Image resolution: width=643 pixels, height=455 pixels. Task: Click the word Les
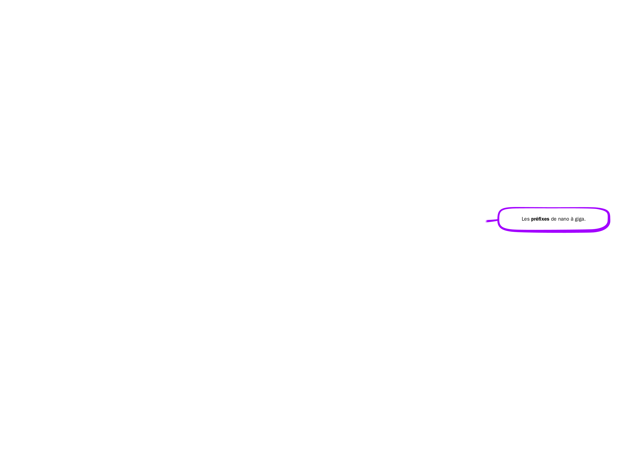[x=525, y=219]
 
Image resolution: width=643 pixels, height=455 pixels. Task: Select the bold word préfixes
[x=540, y=219]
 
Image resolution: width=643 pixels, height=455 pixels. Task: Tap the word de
[x=553, y=219]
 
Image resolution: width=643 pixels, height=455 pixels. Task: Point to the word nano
[x=563, y=219]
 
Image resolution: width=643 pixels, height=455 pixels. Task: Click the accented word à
[x=572, y=219]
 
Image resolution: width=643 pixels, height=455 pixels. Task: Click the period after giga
[x=585, y=221]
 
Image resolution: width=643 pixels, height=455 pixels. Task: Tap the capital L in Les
[x=523, y=219]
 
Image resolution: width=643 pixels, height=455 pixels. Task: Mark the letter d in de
[x=552, y=219]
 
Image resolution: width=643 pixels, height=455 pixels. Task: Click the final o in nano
[x=568, y=220]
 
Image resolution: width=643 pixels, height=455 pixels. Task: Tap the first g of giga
[x=576, y=220]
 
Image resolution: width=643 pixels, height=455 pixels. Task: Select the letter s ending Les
[x=528, y=220]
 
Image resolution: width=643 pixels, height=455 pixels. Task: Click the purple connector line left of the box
[x=492, y=221]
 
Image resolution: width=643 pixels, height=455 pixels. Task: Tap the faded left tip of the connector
[x=486, y=222]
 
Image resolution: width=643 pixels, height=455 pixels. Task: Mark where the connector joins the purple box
[x=498, y=220]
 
